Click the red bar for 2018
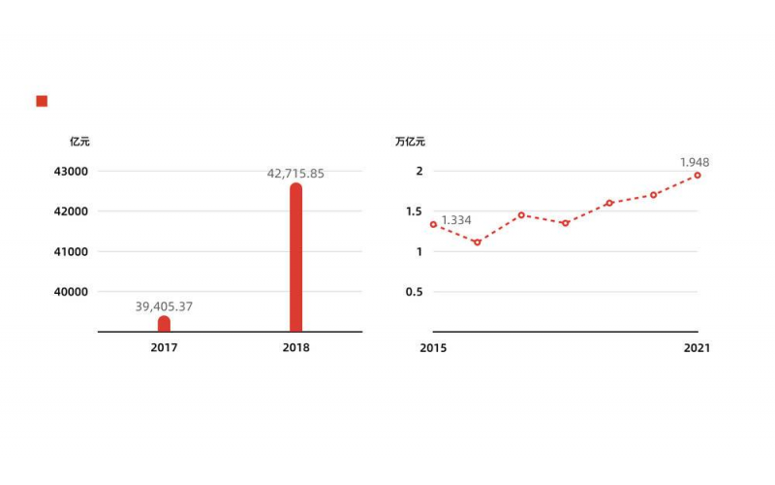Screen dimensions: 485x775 click(x=295, y=258)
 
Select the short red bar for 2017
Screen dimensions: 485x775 click(x=164, y=324)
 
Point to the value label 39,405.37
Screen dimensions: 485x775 click(x=164, y=307)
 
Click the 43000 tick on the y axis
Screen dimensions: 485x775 click(x=70, y=172)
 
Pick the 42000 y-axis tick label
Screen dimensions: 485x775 click(x=70, y=211)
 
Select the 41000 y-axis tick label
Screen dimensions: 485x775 click(x=70, y=251)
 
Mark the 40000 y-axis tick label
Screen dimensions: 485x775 click(x=70, y=292)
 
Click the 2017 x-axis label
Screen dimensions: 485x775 click(x=164, y=347)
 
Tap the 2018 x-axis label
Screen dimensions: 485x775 click(x=295, y=347)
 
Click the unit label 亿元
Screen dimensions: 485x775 click(x=79, y=142)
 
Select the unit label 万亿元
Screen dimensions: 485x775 click(x=410, y=142)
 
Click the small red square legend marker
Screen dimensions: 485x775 click(x=42, y=101)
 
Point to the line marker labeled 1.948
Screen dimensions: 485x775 click(x=697, y=176)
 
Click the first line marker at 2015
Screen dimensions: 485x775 click(x=433, y=224)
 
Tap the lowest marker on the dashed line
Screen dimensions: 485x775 click(x=477, y=242)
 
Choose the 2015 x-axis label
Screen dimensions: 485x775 click(x=433, y=347)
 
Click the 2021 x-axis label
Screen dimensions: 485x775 click(x=697, y=347)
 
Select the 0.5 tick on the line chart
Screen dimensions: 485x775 click(x=414, y=292)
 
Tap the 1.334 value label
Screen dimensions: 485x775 click(x=456, y=220)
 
